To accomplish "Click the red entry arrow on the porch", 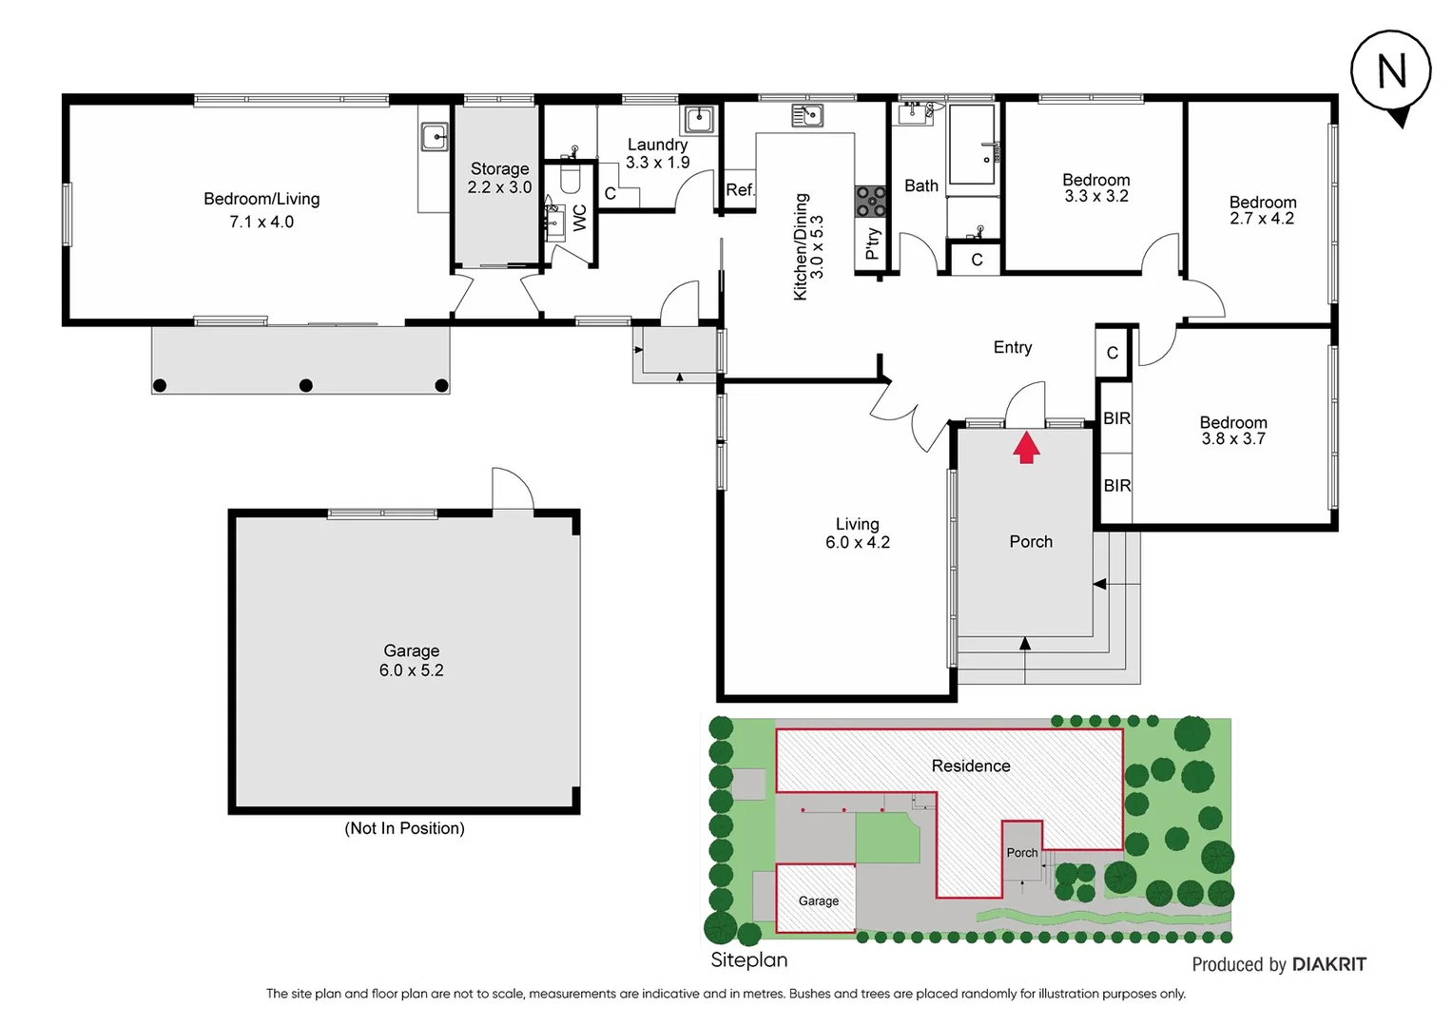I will (1025, 448).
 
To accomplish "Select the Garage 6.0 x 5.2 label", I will (411, 660).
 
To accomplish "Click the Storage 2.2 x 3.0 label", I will (499, 178).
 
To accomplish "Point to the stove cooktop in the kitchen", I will (870, 202).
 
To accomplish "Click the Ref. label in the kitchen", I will (740, 190).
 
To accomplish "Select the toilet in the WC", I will (571, 178).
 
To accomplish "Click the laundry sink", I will (699, 120).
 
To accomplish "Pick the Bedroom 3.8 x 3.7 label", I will (1232, 430).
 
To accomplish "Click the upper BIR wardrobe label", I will (1116, 418).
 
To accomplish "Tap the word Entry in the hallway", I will (1012, 347).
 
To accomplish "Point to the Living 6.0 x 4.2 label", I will (857, 533).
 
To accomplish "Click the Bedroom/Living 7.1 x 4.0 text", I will (262, 209).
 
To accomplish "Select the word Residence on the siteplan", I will (970, 765).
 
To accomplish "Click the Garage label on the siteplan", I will (818, 901).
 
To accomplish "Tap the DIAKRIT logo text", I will (1328, 964).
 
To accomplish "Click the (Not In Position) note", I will (404, 828).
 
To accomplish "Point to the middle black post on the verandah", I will (305, 385).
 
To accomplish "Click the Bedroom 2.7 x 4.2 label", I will (1262, 210).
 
